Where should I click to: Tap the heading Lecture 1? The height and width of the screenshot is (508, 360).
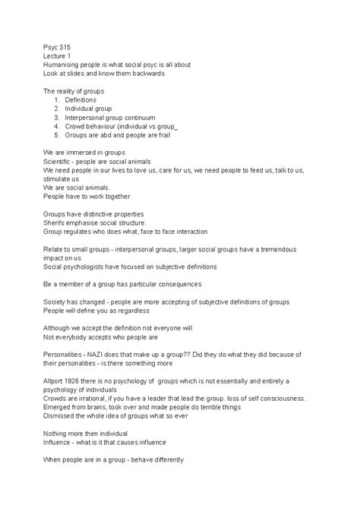[x=59, y=55]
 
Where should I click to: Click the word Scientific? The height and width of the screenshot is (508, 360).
[x=60, y=163]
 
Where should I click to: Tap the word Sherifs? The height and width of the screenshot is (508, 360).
[x=56, y=222]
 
